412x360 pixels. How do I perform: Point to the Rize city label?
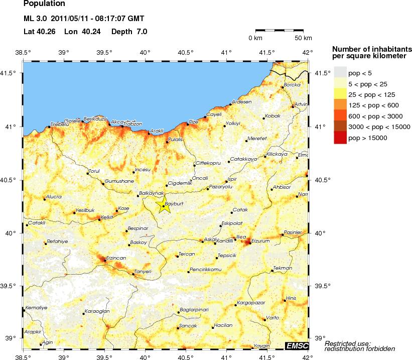193,122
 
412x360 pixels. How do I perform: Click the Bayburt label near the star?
175,204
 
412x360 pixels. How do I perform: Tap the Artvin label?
301,104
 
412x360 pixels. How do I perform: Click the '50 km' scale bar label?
303,38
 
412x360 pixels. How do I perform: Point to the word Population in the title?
44,4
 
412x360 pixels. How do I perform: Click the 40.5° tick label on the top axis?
186,52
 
